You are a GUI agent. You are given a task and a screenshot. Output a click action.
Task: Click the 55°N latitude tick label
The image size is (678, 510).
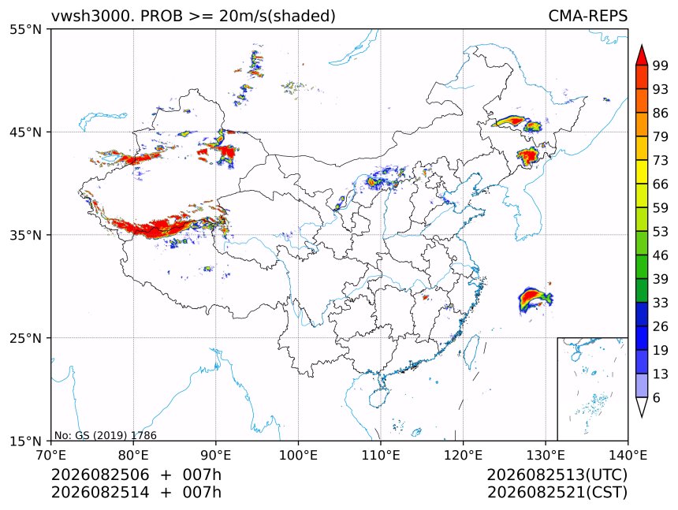point(25,30)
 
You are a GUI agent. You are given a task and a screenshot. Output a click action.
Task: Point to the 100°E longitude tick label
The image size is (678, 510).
point(298,455)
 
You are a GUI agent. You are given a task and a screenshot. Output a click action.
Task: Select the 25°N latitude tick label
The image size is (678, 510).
point(25,338)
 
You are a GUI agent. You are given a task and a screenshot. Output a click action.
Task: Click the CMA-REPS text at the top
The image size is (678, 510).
point(587,16)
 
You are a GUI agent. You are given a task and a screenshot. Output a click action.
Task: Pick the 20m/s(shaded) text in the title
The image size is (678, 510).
point(278,17)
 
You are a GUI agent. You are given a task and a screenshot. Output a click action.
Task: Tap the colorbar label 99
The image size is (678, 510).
point(661,65)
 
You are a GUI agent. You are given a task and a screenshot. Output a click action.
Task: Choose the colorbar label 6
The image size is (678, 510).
point(657,397)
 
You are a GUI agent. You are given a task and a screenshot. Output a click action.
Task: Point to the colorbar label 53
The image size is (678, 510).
point(661,232)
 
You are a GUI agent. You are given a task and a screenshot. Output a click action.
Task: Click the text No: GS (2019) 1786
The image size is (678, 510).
point(106,435)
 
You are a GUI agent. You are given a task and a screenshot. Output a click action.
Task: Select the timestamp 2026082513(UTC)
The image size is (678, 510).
point(557,475)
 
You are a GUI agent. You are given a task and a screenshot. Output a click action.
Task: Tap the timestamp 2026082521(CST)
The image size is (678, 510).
point(557,493)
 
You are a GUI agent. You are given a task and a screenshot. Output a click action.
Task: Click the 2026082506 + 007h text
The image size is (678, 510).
point(136,475)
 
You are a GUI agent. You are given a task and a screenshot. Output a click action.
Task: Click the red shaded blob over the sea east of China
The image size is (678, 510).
point(534,298)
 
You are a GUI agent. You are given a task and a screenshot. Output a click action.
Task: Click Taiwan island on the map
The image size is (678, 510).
point(471,351)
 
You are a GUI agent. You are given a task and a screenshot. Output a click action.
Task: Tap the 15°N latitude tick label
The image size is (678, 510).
point(25,441)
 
